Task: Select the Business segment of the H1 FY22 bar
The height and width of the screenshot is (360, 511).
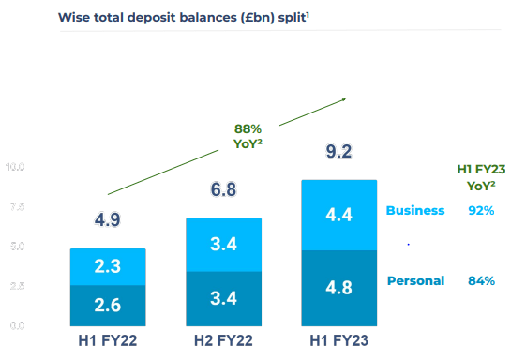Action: point(108,267)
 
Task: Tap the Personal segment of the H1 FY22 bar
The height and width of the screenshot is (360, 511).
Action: point(108,305)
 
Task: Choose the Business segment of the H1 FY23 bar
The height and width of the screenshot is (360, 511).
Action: point(338,215)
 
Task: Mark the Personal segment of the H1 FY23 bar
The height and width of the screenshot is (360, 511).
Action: point(338,288)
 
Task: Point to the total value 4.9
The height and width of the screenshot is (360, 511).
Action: point(108,221)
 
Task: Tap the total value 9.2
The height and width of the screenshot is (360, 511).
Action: point(338,152)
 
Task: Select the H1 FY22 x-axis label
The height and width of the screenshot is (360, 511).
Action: point(108,340)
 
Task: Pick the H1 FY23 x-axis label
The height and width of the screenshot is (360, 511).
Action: point(338,340)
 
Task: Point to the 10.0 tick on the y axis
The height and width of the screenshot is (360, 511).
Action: point(16,167)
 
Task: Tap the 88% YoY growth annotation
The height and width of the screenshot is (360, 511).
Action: point(248,136)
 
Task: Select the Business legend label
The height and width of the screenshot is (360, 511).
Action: point(414,211)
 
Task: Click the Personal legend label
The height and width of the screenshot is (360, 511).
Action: point(414,280)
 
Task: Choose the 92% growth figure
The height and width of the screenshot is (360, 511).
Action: point(481,211)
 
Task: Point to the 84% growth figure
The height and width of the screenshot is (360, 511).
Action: point(481,280)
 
